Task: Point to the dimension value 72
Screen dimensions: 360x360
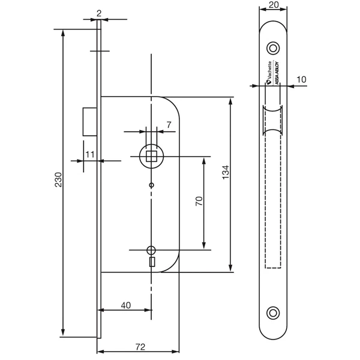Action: (x=139, y=347)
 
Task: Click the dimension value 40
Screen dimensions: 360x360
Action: (x=125, y=305)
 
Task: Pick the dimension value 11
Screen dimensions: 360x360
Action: (x=89, y=154)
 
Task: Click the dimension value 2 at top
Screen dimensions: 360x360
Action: (x=99, y=11)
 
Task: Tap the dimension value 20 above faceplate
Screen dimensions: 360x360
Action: (x=274, y=5)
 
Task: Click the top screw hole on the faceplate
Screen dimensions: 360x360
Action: (x=274, y=47)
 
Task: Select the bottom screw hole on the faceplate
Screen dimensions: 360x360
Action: (x=274, y=312)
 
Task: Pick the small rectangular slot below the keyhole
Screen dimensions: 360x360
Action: (x=151, y=262)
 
